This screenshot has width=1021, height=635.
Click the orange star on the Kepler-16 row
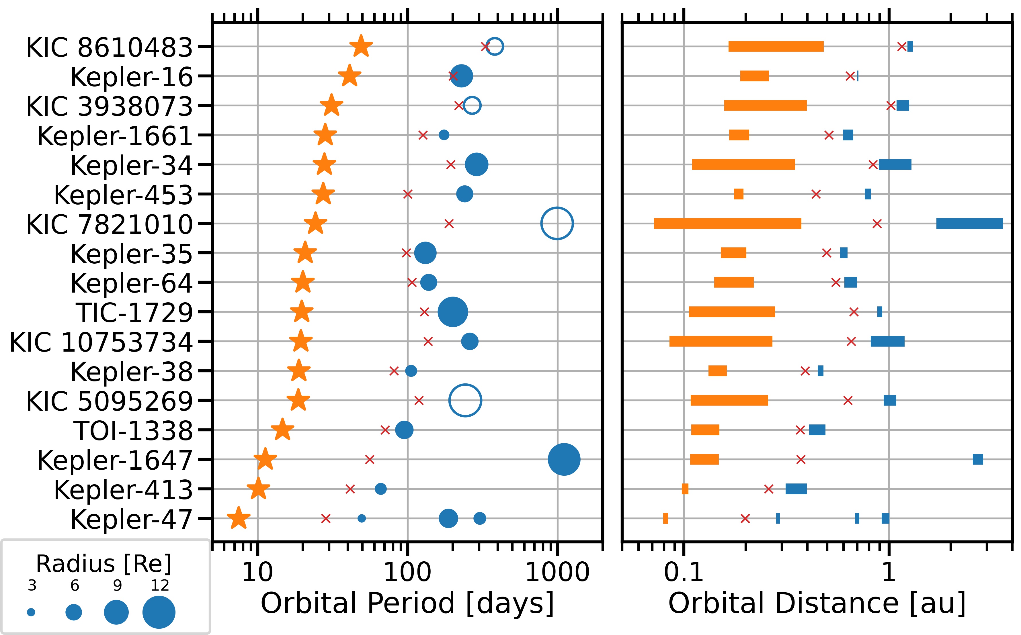coord(350,77)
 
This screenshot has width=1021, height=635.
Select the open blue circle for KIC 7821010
coord(557,224)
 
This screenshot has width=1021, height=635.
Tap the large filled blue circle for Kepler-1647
coord(564,459)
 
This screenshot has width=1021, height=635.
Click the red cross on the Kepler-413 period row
coord(350,489)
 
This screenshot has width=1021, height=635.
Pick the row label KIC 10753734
coord(101,342)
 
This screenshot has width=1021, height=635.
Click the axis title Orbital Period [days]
coord(407,603)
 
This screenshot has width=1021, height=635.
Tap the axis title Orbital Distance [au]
coord(817,603)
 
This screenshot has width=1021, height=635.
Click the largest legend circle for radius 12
coord(159,612)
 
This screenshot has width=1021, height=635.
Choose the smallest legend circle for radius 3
coord(31,612)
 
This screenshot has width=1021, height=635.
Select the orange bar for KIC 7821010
coord(727,224)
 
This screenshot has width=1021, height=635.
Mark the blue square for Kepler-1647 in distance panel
coord(978,459)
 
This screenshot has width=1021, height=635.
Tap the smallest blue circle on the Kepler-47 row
coord(361,519)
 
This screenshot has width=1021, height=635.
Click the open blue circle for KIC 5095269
coord(465,400)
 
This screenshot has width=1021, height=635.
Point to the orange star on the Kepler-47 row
coord(238,518)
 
